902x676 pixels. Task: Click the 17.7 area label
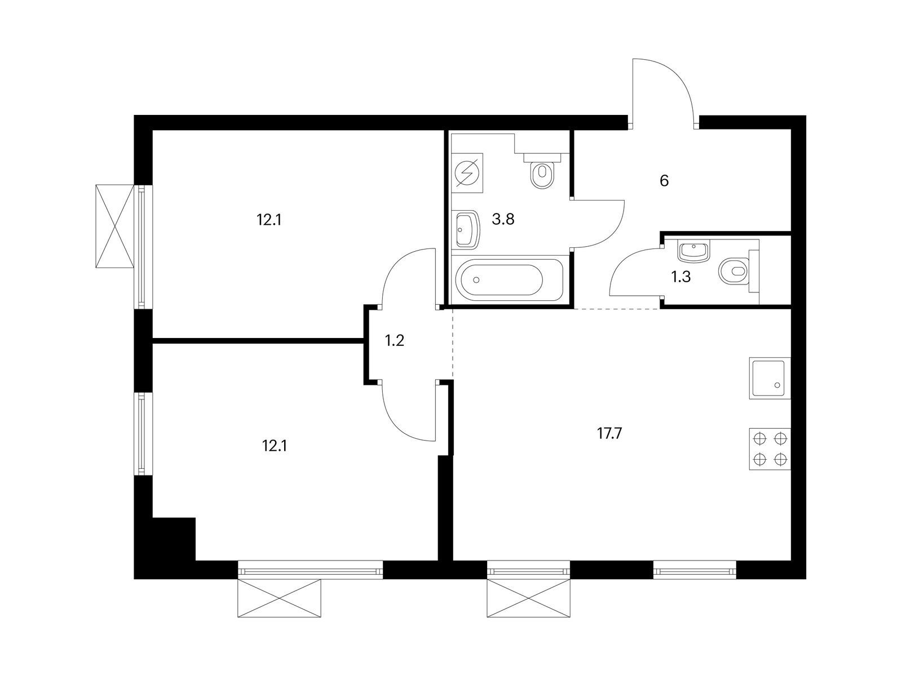point(609,433)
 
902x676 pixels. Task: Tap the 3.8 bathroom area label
point(503,219)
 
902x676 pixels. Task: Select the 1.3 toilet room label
point(680,277)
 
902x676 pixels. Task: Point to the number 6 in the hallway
point(664,181)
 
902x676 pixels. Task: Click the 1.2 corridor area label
point(395,340)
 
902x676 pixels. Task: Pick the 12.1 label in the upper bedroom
point(269,220)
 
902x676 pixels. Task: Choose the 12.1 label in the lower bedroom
point(275,446)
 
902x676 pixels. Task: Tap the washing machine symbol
point(467,173)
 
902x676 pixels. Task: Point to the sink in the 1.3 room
point(694,252)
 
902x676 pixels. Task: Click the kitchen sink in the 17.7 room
point(770,378)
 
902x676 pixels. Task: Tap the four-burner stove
point(770,449)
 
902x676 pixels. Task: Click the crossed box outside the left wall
point(114,226)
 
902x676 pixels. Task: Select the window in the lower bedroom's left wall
point(142,434)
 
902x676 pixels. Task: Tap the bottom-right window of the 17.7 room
point(695,570)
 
